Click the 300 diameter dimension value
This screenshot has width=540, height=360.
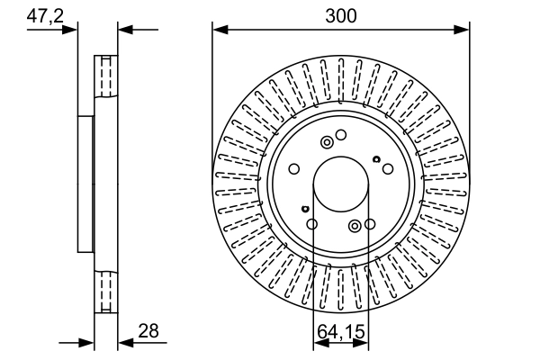point(341,15)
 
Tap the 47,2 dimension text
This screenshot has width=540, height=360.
point(44,15)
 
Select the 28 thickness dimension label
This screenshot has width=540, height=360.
point(148,331)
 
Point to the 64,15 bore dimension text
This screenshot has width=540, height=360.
point(340,332)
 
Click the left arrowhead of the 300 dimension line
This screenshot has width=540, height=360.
point(219,30)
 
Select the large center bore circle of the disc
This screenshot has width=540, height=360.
point(341,184)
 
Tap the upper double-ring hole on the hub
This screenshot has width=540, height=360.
point(327,141)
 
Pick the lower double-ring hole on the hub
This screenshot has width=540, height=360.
point(355,225)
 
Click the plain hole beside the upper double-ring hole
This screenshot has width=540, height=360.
point(341,135)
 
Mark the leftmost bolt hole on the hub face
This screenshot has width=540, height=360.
point(294,168)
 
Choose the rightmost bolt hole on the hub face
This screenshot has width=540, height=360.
point(387,168)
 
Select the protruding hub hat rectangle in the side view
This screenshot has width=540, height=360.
point(86,184)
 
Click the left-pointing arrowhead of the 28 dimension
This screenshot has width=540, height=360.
point(125,342)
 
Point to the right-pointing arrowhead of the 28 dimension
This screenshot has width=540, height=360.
point(88,342)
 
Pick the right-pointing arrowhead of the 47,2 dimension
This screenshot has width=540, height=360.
point(72,30)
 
